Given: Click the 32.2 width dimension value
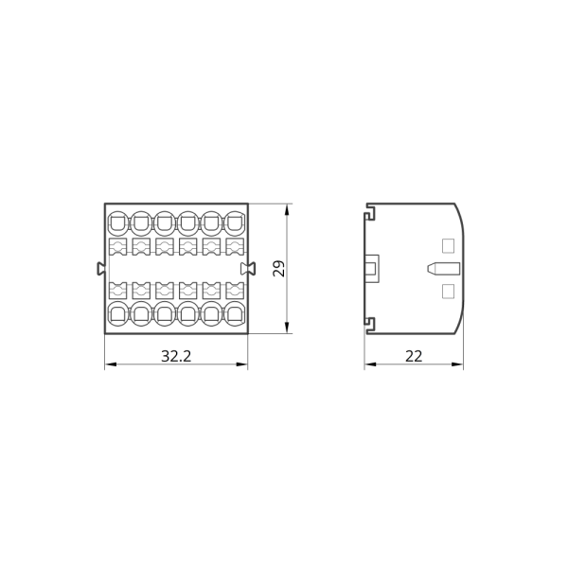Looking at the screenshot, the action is tap(176, 357).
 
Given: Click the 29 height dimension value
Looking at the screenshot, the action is tap(279, 269).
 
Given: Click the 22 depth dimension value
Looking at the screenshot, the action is tap(414, 357).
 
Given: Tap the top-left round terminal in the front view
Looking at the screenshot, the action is tap(118, 223).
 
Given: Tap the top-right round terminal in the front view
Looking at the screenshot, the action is tap(235, 223).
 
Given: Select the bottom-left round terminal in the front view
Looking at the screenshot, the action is tap(118, 313).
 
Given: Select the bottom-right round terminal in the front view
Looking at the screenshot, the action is tap(235, 313).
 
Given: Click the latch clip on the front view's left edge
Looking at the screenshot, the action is tap(101, 269).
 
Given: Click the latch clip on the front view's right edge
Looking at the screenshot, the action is tap(248, 269).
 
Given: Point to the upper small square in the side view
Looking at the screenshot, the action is tap(449, 245).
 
